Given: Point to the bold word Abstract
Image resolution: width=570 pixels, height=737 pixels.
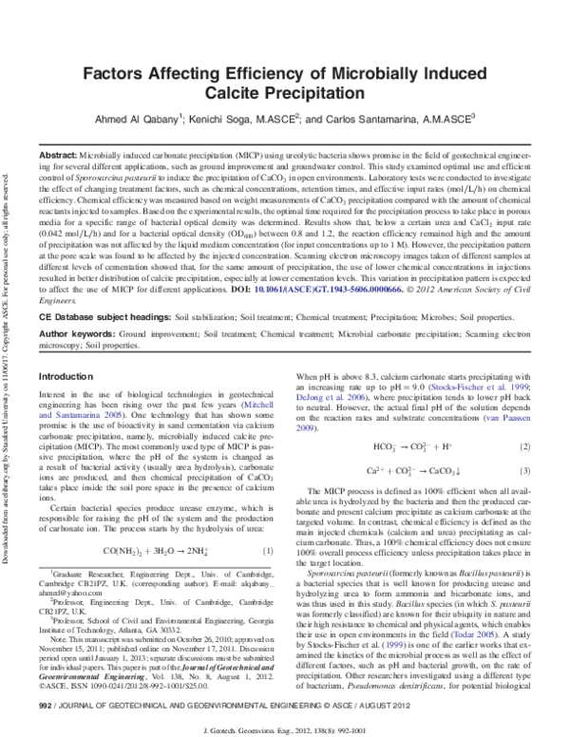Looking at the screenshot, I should pos(58,154).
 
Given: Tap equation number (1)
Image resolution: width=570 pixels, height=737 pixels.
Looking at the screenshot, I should pos(268,551).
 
